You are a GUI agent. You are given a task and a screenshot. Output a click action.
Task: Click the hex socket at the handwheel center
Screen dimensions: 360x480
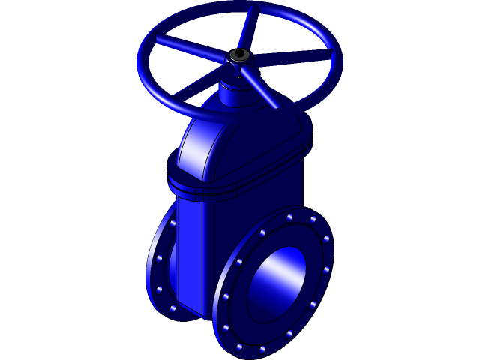[239, 55]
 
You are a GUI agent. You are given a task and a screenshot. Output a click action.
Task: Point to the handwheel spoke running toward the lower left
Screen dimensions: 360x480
[199, 82]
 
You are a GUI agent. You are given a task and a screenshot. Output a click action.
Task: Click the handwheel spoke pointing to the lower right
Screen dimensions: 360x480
[262, 90]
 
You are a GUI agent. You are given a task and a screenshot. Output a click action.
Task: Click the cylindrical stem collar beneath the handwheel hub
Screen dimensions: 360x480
[235, 94]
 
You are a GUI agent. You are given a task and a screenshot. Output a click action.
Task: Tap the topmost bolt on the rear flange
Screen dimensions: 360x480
[174, 223]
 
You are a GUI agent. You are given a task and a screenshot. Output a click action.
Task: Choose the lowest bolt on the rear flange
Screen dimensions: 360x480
[172, 307]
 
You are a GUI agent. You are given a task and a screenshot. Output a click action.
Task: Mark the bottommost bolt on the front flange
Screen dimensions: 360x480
[239, 347]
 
